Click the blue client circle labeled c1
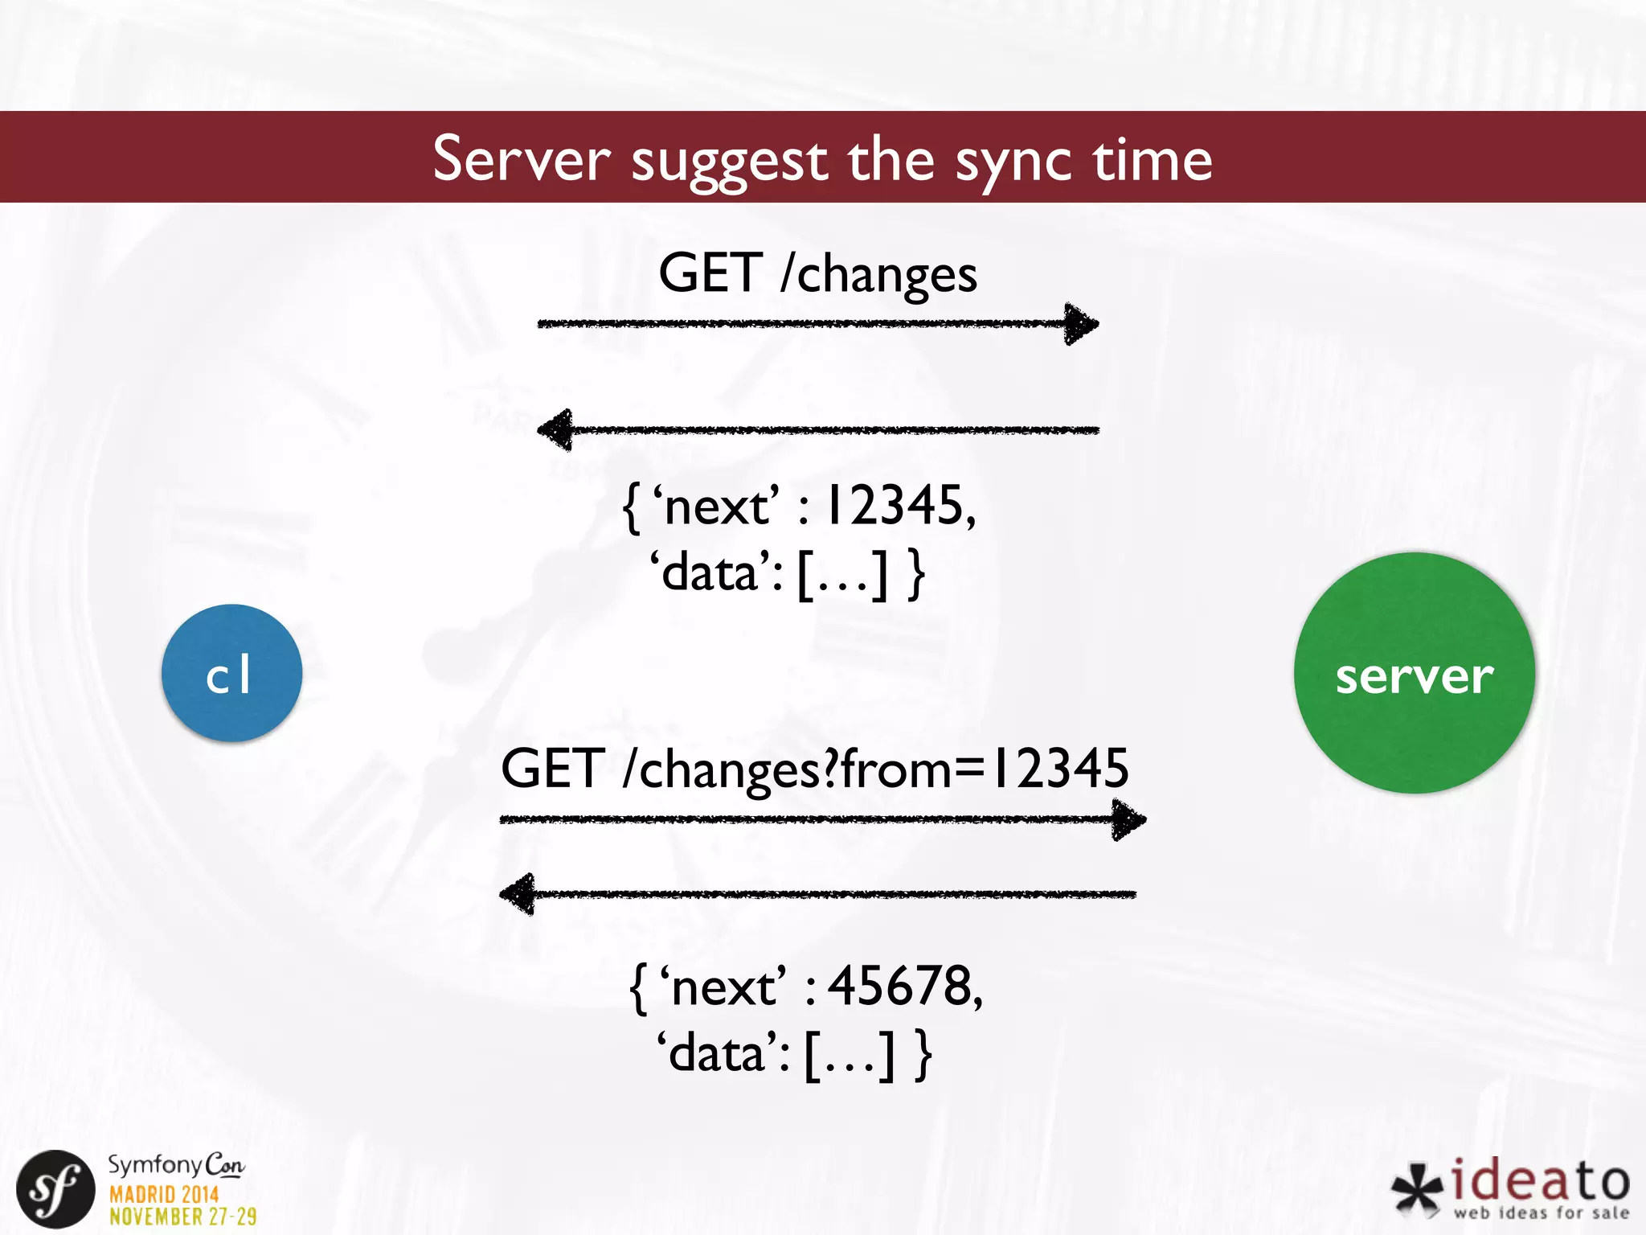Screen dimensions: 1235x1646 [x=231, y=673]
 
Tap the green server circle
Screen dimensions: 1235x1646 [x=1414, y=673]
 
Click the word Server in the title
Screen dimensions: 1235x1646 [x=522, y=158]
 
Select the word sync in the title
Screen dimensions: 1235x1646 [x=1013, y=160]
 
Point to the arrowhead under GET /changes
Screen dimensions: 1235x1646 [x=1081, y=324]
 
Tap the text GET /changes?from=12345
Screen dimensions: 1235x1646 [x=814, y=769]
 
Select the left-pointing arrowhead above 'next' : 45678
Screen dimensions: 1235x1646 [x=518, y=893]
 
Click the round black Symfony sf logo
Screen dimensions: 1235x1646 [x=55, y=1189]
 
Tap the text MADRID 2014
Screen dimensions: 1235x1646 [x=164, y=1194]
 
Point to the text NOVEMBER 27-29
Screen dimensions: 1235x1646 [x=183, y=1217]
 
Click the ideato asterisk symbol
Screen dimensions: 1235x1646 [x=1418, y=1188]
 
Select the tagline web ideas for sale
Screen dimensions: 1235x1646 [x=1541, y=1212]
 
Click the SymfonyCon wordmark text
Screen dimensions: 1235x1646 [x=176, y=1164]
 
